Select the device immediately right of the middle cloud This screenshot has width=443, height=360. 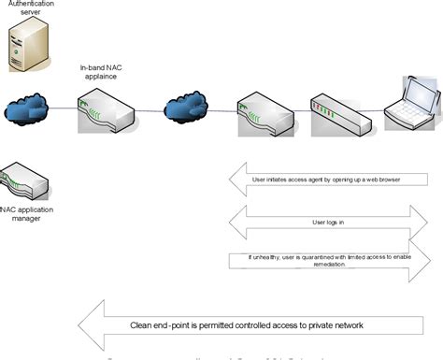264,114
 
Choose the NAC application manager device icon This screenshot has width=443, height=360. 21,181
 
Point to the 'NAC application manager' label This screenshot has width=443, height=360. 29,213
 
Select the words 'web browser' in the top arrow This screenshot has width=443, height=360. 380,179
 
